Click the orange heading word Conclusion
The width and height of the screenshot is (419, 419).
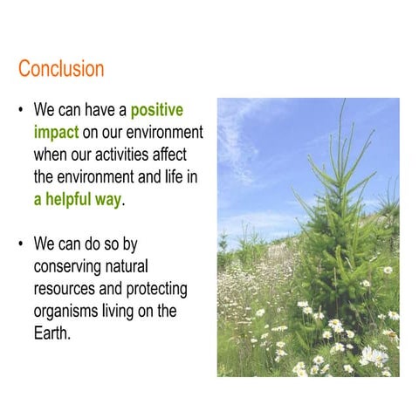coord(61,68)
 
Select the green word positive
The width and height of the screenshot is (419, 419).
coord(157,111)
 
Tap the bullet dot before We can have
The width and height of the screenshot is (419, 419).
coord(20,112)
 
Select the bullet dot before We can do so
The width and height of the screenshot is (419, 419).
coord(20,244)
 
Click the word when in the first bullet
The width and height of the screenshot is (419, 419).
coord(51,155)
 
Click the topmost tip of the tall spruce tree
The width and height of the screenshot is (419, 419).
coord(342,101)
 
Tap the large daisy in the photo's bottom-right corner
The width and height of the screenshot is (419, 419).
coord(374,355)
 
